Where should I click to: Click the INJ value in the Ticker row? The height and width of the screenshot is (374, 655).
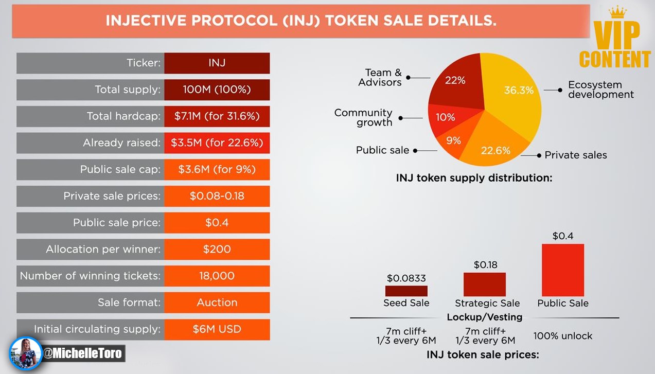217,63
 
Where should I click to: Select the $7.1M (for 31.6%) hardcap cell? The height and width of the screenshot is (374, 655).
217,116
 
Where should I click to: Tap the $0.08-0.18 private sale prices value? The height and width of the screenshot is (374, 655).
217,196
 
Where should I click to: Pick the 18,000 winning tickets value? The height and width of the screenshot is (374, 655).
217,276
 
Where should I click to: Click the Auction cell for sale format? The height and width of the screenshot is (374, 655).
217,302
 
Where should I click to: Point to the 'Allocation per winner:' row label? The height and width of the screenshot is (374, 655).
103,249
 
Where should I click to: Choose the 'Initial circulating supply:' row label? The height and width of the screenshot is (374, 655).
97,329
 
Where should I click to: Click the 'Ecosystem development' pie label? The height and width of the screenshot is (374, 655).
600,90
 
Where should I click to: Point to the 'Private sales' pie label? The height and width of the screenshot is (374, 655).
575,155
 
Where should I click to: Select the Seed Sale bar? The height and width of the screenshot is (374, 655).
406,291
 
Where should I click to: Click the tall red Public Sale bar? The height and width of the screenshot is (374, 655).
563,270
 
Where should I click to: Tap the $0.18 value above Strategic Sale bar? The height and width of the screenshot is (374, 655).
485,265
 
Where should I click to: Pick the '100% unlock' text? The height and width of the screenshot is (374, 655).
562,336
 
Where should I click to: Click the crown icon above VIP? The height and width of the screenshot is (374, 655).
617,12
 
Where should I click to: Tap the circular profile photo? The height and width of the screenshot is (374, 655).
26,353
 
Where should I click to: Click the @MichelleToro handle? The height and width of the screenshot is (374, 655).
82,353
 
